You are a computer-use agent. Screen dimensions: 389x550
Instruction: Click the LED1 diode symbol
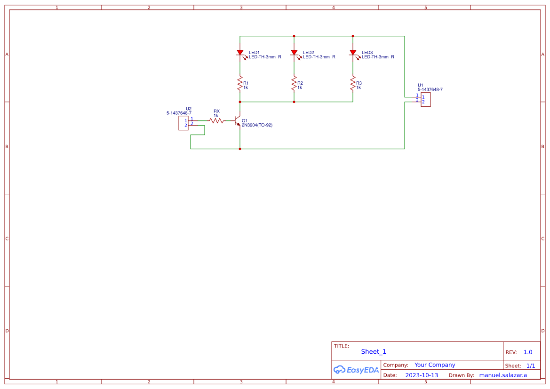point(240,53)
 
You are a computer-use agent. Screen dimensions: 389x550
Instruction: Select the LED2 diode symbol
point(294,53)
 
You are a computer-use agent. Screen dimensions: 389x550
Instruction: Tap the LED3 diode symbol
point(353,53)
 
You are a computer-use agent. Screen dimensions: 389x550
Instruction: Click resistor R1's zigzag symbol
point(240,84)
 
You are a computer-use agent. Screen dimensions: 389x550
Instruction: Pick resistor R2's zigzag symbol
point(294,84)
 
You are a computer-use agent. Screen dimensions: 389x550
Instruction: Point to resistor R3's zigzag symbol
point(353,84)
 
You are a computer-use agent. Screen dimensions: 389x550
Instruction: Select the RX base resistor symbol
point(216,121)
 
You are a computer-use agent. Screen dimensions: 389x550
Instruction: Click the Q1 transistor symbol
point(238,121)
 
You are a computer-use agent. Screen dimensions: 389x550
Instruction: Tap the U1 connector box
point(425,100)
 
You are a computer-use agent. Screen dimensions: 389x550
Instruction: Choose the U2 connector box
point(183,123)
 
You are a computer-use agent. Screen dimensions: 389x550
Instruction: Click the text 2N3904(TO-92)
point(257,126)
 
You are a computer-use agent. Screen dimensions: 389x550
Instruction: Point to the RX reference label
point(216,111)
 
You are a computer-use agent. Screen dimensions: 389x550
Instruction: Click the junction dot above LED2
point(294,36)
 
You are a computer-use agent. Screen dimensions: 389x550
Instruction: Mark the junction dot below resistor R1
point(240,102)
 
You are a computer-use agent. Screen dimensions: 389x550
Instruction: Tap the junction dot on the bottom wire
point(240,149)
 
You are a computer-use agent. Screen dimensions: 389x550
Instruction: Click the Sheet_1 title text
point(374,352)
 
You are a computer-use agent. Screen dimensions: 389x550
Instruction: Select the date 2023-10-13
point(422,375)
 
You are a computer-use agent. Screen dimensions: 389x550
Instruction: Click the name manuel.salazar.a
point(503,375)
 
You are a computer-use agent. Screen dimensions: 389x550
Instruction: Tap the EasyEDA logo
point(356,370)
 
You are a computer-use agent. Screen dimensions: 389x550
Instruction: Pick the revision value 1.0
point(528,352)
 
